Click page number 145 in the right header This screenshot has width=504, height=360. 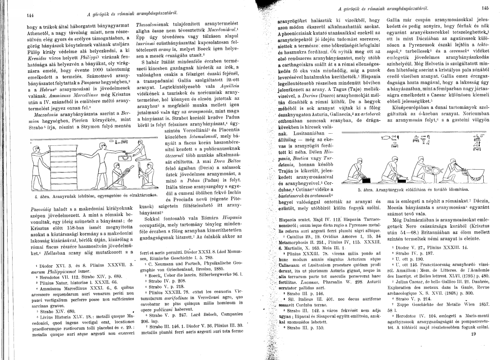(485, 8)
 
